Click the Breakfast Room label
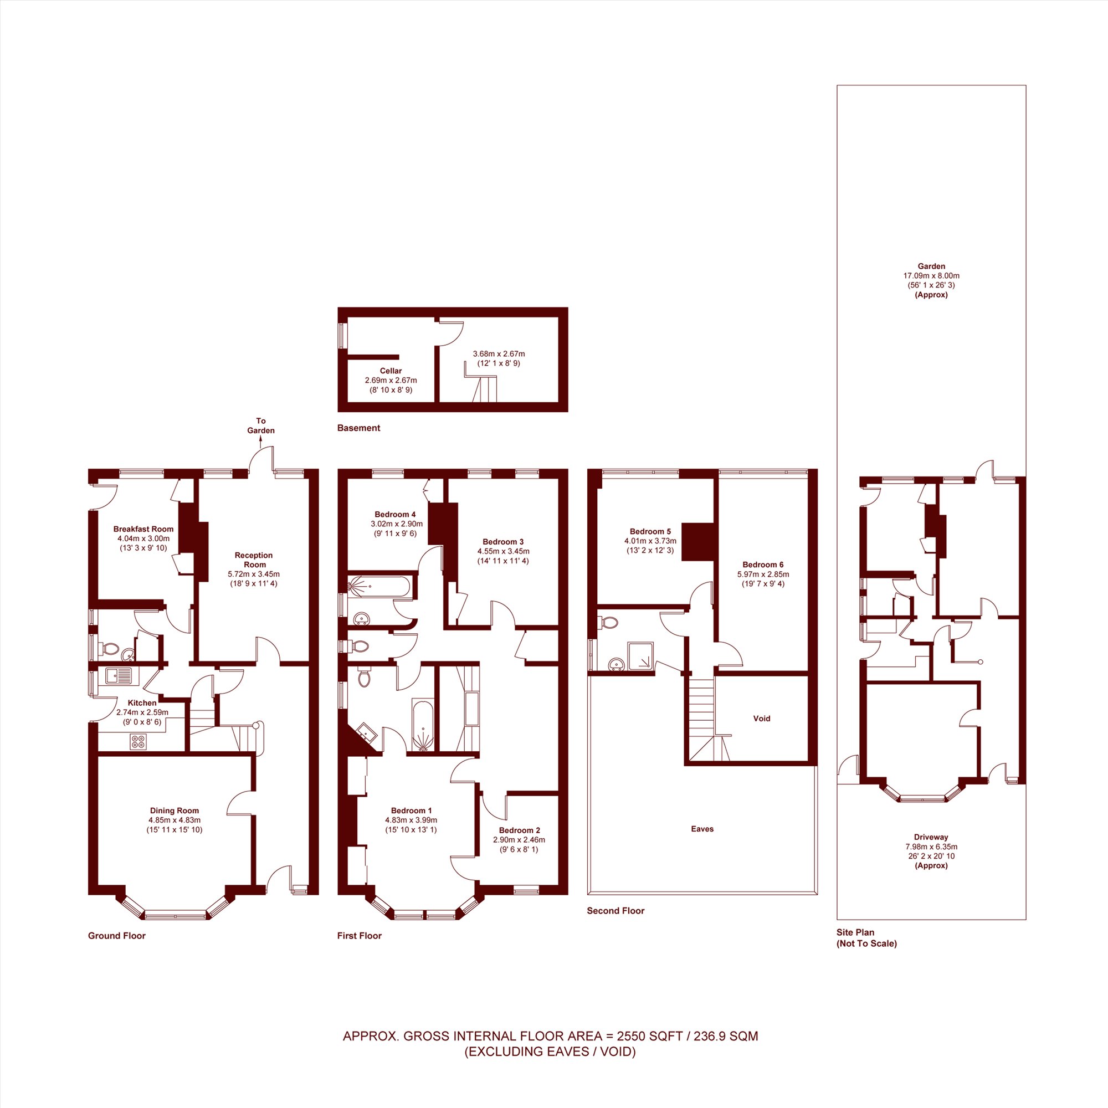click(x=143, y=529)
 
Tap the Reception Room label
click(x=254, y=560)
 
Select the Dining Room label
click(x=175, y=811)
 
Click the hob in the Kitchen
click(x=138, y=742)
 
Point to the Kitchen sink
click(x=119, y=675)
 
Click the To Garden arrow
click(x=260, y=440)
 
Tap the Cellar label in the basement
click(x=391, y=371)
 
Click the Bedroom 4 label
click(x=395, y=515)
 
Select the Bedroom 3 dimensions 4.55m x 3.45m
click(x=503, y=551)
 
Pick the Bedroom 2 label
click(x=519, y=830)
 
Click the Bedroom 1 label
click(x=411, y=811)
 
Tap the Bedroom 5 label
click(x=650, y=532)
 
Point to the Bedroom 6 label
click(x=763, y=565)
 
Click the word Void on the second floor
click(x=762, y=718)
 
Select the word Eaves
click(x=702, y=829)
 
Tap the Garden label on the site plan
click(x=931, y=266)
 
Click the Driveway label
click(x=931, y=837)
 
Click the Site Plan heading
click(x=855, y=932)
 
